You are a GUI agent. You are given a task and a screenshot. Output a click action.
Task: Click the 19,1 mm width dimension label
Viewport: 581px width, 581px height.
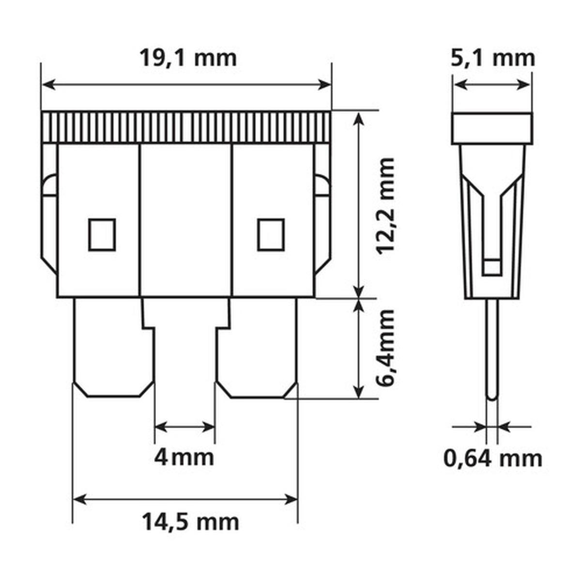point(188,59)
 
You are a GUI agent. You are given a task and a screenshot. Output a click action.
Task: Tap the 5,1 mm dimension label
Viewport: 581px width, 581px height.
point(492,59)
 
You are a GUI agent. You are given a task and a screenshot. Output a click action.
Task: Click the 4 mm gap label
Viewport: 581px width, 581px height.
point(184,457)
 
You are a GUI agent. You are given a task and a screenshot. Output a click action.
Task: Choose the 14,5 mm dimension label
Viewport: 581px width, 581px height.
point(190,522)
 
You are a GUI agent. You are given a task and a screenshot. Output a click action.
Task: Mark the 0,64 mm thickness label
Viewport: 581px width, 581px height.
point(493,458)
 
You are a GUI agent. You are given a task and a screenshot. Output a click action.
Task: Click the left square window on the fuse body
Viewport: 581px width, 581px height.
point(102,235)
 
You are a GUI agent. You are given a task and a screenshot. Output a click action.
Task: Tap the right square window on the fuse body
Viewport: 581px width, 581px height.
point(271,235)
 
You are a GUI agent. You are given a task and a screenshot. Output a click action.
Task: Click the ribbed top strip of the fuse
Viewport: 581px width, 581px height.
point(186,127)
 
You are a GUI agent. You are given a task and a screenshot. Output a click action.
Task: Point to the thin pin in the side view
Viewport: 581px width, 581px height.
point(492,349)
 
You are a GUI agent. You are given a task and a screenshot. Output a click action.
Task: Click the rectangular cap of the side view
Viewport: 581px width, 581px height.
point(492,128)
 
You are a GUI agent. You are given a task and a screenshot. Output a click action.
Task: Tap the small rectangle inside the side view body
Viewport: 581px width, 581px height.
point(492,267)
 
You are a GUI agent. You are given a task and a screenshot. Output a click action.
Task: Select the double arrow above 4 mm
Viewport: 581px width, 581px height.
point(184,427)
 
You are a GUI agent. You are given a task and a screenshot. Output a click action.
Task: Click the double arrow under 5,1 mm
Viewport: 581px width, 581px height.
point(492,85)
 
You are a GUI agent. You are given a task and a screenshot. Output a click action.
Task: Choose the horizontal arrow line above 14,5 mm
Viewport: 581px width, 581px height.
point(185,499)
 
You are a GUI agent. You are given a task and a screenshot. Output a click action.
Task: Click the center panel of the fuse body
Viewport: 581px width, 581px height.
point(186,220)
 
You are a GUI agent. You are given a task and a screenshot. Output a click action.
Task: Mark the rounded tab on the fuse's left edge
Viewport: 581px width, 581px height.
point(49,186)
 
